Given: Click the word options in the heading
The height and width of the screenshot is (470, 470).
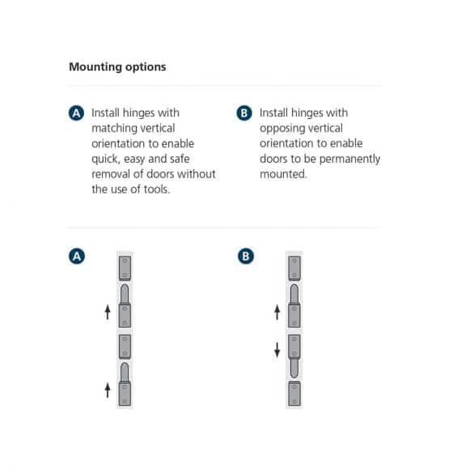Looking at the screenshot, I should tap(146, 67).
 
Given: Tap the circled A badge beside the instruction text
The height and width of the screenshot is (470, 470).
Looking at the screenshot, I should tap(77, 113).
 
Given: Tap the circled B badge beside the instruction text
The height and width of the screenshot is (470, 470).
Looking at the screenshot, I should tap(244, 113).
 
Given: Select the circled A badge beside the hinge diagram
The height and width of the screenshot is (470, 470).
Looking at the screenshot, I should tap(77, 256).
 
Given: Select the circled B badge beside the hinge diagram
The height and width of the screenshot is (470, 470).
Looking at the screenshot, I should tap(244, 256).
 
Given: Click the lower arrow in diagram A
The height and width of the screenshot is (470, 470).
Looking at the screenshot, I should tap(108, 390).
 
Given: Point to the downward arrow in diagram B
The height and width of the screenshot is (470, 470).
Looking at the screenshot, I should tap(277, 349).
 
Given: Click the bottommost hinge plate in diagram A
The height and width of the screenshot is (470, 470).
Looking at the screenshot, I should tap(125, 393).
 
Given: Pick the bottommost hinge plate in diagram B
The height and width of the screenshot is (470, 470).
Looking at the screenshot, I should tap(294, 394).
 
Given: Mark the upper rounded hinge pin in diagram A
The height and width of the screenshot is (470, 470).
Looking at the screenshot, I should tap(125, 294).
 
